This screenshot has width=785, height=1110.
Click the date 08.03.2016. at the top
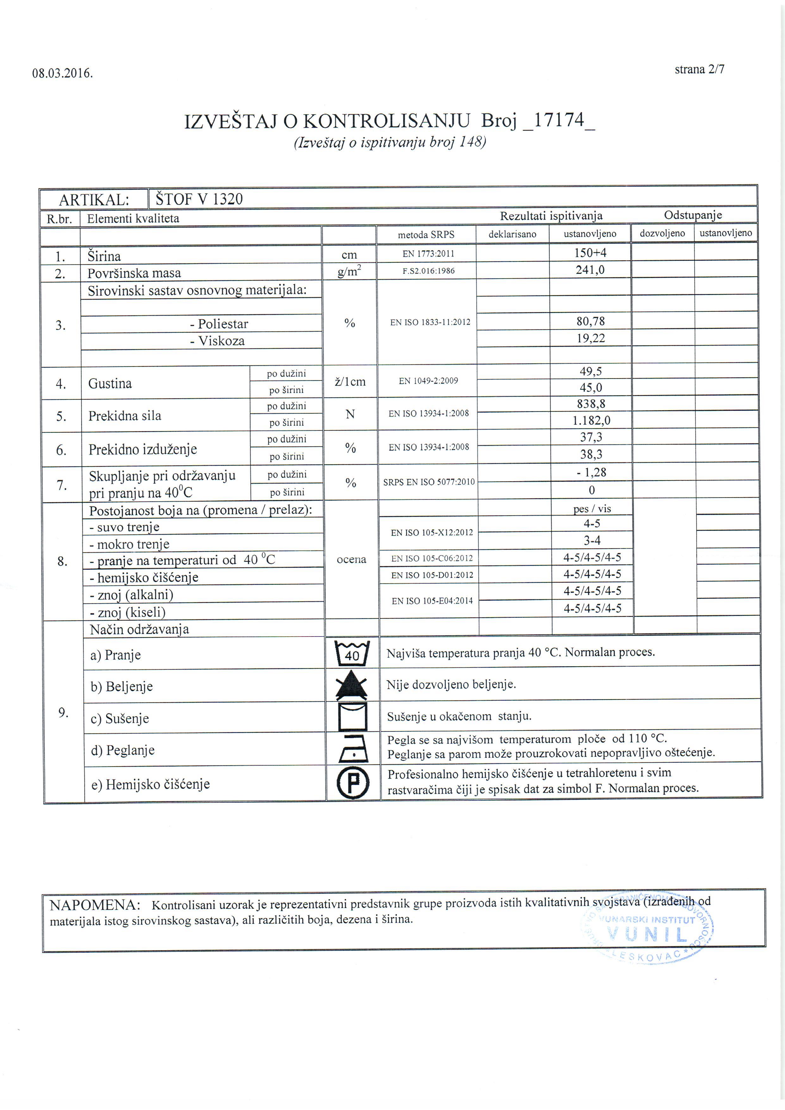click(x=62, y=73)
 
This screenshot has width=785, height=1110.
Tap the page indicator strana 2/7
click(x=700, y=70)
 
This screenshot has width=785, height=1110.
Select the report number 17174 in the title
click(x=559, y=120)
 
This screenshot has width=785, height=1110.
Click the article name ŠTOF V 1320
click(x=199, y=199)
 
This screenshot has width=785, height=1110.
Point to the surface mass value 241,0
click(x=590, y=270)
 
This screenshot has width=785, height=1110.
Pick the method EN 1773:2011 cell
click(x=428, y=253)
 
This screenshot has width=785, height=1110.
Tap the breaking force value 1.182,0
click(x=591, y=420)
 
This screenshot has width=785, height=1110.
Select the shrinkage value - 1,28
click(x=591, y=472)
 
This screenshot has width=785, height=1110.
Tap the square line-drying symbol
click(x=352, y=717)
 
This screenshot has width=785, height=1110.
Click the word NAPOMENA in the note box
click(x=95, y=905)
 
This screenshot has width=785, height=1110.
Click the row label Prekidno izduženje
click(x=143, y=449)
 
